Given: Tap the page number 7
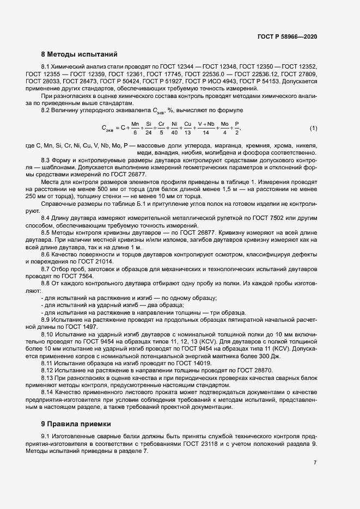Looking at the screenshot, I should click(315, 462).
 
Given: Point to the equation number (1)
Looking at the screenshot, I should click(313, 128).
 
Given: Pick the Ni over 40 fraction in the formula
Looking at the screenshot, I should click(174, 128).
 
